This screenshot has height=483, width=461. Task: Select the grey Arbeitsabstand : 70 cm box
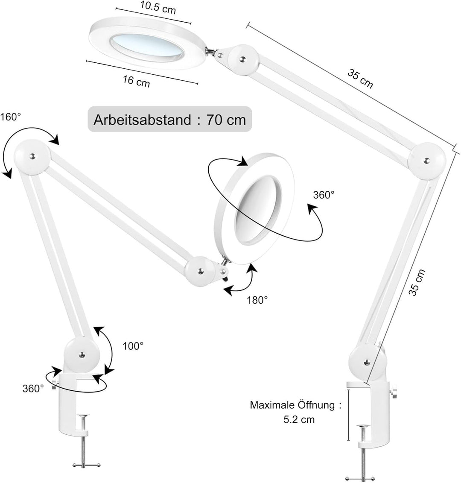(169, 119)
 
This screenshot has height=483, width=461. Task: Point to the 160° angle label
(11, 117)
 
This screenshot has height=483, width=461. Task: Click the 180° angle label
(257, 300)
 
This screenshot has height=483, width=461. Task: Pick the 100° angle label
(133, 346)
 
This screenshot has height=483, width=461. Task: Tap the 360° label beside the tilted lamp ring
(324, 195)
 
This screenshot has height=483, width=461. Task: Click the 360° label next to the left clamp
(33, 388)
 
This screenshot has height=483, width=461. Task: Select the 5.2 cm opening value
(299, 419)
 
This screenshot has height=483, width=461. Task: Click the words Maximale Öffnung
(293, 405)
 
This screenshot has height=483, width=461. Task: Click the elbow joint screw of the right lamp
(426, 161)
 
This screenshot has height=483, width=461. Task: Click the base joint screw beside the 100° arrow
(81, 354)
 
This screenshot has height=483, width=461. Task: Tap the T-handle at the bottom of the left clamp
(86, 465)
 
